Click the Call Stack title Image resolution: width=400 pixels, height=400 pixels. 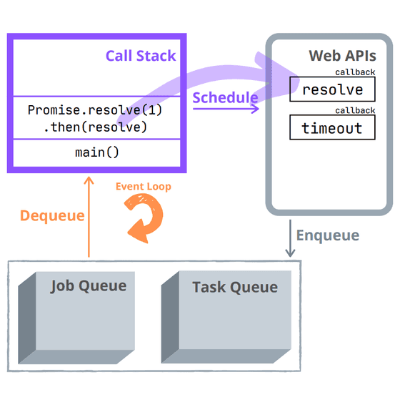pos(140,56)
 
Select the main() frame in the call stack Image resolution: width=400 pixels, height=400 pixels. pos(96,153)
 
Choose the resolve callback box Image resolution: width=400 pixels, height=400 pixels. pos(332,90)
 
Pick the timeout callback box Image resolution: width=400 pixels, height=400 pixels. pos(332,128)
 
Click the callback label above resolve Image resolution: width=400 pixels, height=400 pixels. pos(355,72)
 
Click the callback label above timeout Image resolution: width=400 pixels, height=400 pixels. pos(355,110)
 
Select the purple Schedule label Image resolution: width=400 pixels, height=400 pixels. pos(225,97)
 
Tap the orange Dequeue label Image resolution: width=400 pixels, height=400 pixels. pos(51,215)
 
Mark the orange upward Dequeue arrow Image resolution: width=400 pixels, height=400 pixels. pos(89,215)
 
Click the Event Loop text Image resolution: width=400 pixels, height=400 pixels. pos(144,187)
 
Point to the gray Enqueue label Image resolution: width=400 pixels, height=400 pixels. pos(327,235)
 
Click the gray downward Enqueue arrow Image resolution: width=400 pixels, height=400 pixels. pos(289,238)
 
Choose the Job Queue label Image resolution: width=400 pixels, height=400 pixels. pos(88,286)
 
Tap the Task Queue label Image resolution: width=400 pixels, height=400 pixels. pos(234,288)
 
